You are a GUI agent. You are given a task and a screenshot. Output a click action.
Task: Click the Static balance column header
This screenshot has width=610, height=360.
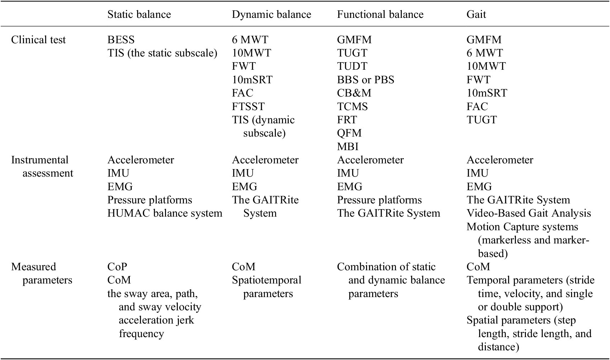139,14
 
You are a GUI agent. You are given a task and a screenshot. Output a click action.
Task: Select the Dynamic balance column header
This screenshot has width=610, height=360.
272,14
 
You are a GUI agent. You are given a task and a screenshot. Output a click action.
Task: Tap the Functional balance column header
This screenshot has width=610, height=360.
380,14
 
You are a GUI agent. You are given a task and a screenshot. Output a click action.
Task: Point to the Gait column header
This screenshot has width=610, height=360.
476,14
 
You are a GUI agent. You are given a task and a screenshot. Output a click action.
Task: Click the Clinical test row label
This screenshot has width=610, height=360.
38,40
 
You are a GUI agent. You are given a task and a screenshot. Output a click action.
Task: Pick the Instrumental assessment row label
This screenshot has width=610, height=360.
42,166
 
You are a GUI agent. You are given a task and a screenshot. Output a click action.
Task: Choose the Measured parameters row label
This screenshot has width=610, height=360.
42,273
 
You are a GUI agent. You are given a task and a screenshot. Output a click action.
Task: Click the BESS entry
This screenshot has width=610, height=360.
121,40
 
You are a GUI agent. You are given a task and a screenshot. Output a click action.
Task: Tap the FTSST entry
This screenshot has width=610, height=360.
248,107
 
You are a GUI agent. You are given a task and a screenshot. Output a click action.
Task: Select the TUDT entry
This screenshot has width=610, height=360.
352,66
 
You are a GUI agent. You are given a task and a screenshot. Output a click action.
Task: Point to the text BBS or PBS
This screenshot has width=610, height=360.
365,80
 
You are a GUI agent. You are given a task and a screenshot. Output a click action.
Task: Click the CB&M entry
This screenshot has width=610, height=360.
354,93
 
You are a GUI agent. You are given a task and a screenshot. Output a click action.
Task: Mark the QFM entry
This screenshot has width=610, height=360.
349,133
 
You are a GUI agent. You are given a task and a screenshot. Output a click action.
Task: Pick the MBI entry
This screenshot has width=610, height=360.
347,146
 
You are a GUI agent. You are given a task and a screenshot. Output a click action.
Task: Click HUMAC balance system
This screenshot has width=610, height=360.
165,213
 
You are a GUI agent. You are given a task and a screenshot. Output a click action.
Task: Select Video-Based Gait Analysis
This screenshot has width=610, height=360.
528,213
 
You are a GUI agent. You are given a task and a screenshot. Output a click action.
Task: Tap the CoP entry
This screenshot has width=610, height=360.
117,267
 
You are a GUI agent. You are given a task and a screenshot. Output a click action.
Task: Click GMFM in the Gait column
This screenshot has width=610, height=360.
484,40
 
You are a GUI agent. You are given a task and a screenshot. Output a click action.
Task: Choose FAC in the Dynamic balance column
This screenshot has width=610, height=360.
242,93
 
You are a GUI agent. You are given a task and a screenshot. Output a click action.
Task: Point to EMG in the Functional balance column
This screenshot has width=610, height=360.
350,186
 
